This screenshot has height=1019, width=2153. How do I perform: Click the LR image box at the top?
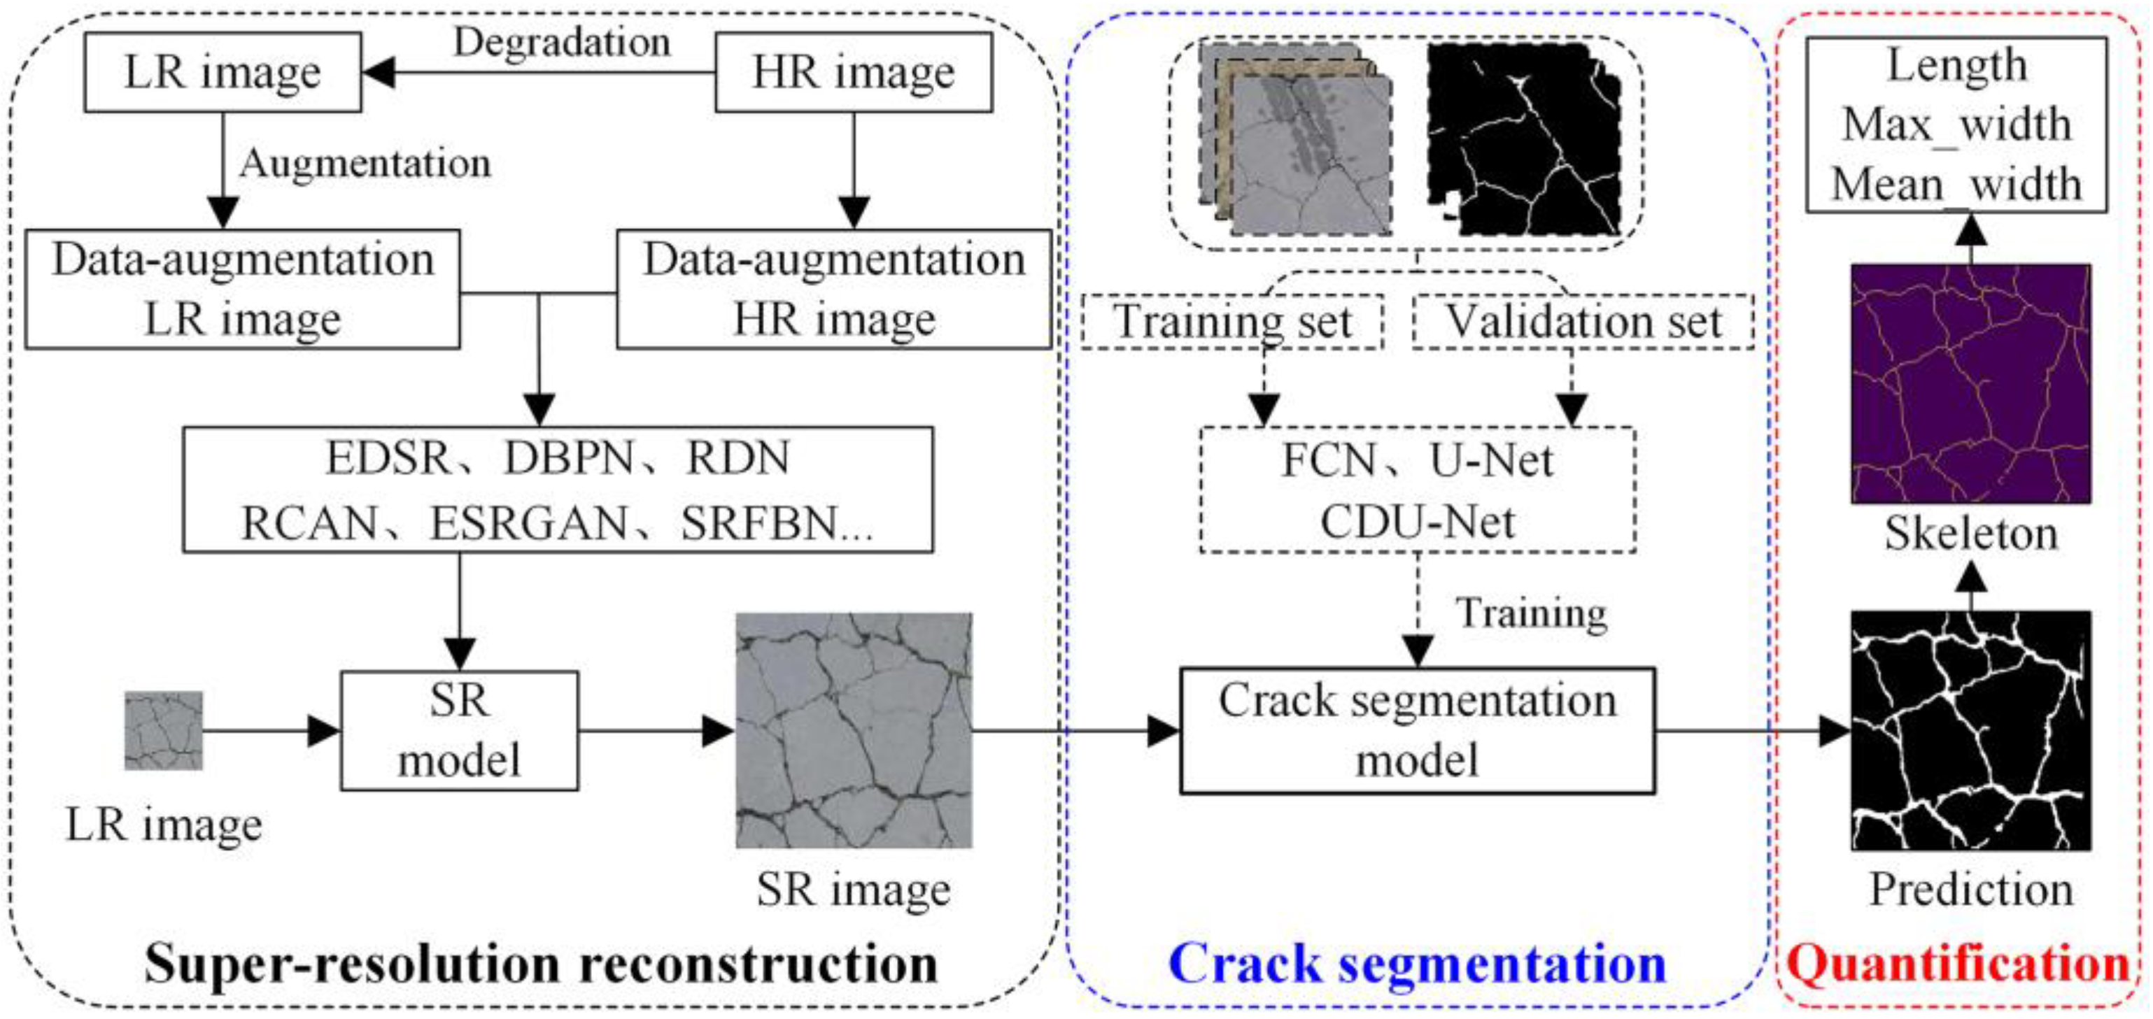(223, 73)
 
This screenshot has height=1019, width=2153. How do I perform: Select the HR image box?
(854, 73)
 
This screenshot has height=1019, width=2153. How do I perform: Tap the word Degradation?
(562, 42)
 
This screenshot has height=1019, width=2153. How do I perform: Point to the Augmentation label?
(365, 164)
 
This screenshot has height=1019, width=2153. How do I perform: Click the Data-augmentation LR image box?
(242, 289)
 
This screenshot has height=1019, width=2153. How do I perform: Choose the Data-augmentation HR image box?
(833, 289)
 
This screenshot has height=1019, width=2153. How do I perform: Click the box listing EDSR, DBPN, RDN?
(558, 490)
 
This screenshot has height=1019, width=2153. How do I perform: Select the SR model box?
(459, 731)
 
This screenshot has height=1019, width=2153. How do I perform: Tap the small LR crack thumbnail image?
(164, 730)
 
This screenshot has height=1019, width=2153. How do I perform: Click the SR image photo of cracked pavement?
(854, 730)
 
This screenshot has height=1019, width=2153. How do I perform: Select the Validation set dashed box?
(1583, 322)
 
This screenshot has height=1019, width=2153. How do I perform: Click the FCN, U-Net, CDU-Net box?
(1418, 490)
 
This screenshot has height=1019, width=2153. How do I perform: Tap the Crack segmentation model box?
(1417, 730)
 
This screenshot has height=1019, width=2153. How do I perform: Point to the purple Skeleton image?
(1970, 383)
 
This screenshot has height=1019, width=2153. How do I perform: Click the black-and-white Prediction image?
(1970, 730)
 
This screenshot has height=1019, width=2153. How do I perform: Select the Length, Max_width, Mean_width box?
(1956, 124)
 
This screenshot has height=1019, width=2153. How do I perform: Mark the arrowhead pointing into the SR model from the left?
(324, 731)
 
